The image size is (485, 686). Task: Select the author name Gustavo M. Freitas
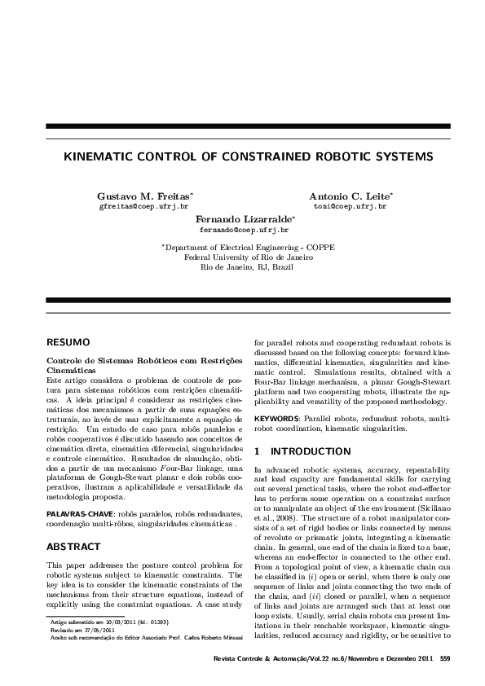point(143,197)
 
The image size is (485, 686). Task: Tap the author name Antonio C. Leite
point(349,197)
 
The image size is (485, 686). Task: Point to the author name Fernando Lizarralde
point(244,220)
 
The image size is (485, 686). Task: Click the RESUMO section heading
point(68,343)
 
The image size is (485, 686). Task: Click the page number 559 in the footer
point(444,657)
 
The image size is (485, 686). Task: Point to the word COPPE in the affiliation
point(320,247)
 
